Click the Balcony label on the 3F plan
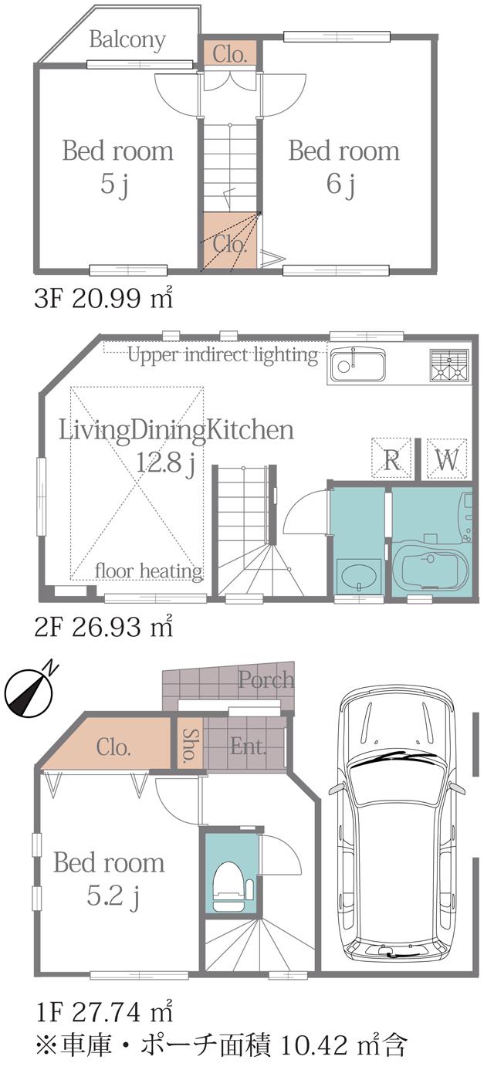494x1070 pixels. point(127,39)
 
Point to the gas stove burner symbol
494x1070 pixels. point(449,366)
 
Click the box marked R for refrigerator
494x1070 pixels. point(391,460)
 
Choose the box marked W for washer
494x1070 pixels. point(446,460)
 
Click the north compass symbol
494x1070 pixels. point(28,689)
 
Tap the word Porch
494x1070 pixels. point(266,679)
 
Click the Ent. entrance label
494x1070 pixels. point(249,747)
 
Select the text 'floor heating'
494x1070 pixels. point(148,571)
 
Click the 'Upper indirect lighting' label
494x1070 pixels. point(222,355)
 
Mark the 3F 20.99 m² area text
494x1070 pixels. point(103,299)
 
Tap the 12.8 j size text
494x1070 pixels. point(164,464)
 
